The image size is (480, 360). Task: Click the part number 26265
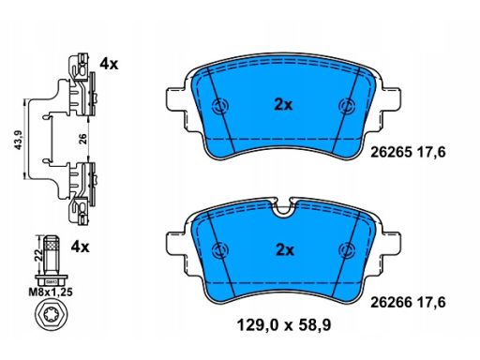[x=391, y=153]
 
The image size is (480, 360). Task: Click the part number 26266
[x=391, y=303]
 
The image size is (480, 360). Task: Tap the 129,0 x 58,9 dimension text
[x=284, y=325]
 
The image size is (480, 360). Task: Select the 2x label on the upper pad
[x=283, y=105]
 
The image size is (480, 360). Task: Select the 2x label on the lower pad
[x=285, y=250]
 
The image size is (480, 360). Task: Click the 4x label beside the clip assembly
[x=109, y=65]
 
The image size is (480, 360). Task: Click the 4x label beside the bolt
[x=80, y=247]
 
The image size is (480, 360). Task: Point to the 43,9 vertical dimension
[x=19, y=139]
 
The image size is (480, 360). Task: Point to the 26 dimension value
[x=82, y=139]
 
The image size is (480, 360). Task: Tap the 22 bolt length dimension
[x=38, y=255]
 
